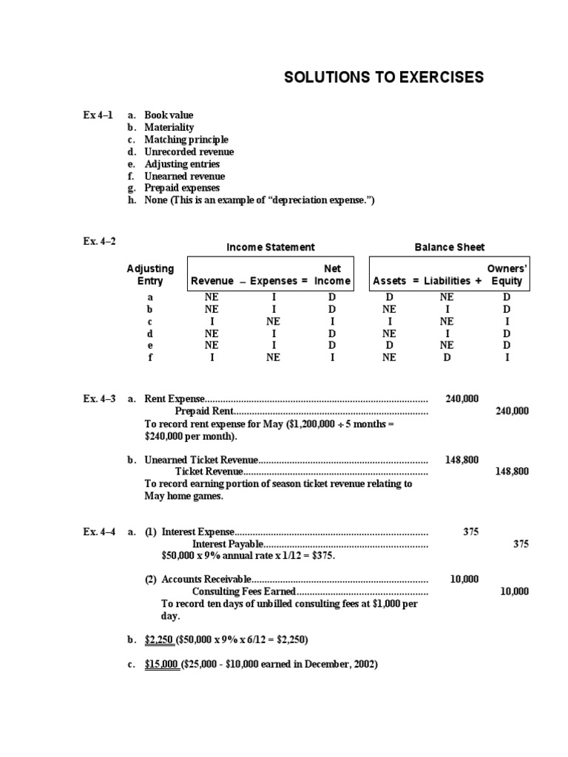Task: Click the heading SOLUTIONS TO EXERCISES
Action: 384,78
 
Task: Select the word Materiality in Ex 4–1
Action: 169,127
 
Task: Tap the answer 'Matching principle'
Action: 186,140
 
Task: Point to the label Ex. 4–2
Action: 99,241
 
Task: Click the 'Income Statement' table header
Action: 270,247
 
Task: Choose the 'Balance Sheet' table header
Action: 450,247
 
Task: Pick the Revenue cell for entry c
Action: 212,322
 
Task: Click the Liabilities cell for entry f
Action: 446,357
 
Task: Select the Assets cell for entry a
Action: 390,297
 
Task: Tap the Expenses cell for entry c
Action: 274,322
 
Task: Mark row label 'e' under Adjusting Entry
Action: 150,345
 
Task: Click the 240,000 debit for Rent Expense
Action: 462,398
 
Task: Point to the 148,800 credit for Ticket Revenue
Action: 512,471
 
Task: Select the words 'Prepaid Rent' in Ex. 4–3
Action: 204,411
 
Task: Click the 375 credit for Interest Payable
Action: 521,543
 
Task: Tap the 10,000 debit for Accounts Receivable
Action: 464,579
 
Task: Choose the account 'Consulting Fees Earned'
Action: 244,591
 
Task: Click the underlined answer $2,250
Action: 159,639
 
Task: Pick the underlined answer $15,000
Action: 161,664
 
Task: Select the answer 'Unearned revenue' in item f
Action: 185,176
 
